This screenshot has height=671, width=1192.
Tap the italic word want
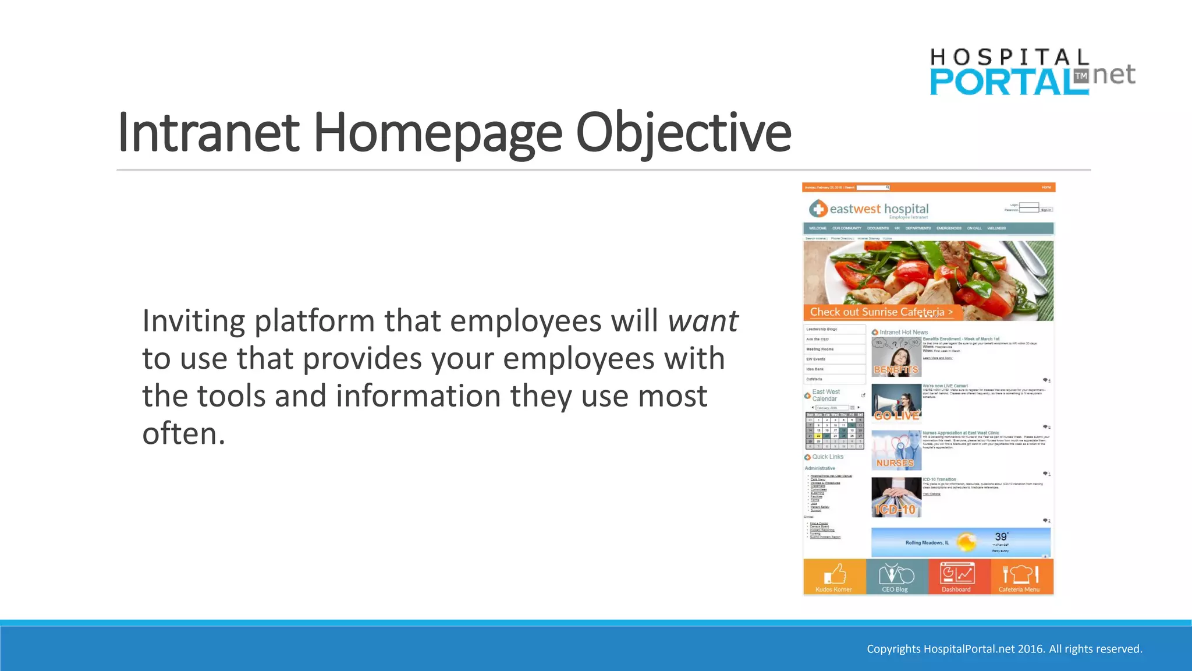703,321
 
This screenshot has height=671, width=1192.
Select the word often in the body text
183,433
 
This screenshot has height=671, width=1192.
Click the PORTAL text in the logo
1001,82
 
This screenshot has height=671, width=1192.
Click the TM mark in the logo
1081,76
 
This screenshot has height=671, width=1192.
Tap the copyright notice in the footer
1004,649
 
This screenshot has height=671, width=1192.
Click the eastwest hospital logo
868,209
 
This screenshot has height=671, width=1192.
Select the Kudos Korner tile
834,577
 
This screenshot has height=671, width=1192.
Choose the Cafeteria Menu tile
1020,577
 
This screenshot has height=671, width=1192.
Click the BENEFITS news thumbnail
896,356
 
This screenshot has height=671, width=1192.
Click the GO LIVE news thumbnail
896,403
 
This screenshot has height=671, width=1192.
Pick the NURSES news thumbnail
896,450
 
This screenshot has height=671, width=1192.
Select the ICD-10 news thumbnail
896,497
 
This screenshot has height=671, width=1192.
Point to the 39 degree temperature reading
1001,536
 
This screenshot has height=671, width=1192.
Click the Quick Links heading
827,457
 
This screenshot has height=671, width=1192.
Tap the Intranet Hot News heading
903,332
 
